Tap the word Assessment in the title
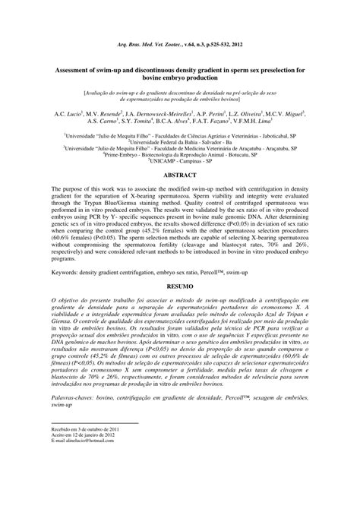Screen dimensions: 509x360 tap(81, 67)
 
